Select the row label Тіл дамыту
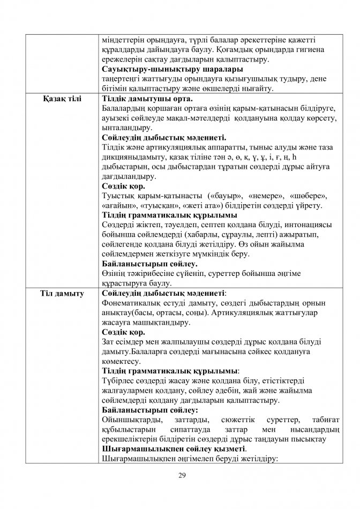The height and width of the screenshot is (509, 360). [x=63, y=294]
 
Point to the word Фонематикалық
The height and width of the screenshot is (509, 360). [x=131, y=304]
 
